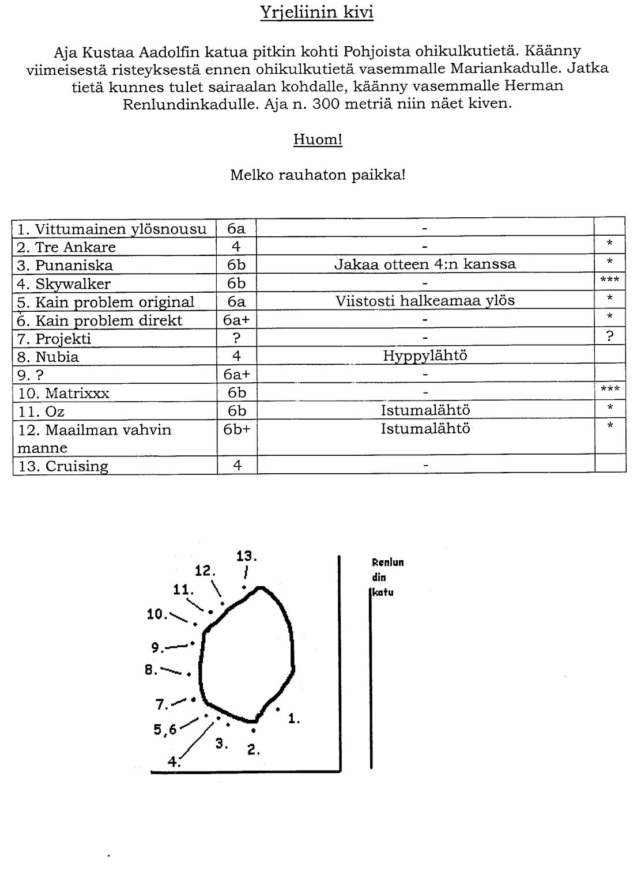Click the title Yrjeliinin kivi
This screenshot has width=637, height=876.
point(316,13)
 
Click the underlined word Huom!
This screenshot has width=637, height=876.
point(318,139)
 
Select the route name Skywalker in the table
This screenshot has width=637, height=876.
point(73,284)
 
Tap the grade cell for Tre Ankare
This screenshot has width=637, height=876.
point(236,247)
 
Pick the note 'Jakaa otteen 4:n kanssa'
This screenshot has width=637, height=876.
point(425,265)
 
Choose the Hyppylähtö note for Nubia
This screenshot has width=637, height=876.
point(425,356)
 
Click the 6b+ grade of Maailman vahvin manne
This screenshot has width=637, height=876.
point(236,429)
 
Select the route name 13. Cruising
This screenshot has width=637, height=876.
point(63,466)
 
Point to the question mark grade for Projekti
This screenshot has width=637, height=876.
point(236,338)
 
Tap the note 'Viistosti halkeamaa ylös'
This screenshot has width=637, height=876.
point(425,301)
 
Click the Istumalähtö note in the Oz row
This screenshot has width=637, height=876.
point(425,410)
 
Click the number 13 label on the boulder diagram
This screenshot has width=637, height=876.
point(246,557)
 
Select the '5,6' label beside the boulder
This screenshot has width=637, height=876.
point(165,730)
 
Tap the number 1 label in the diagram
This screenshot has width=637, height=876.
point(294,719)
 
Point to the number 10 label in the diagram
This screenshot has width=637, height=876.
point(157,614)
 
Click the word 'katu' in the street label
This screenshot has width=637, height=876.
point(383,592)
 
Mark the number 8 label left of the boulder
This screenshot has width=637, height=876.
point(150,670)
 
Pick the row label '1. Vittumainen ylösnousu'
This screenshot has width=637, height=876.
point(112,229)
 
